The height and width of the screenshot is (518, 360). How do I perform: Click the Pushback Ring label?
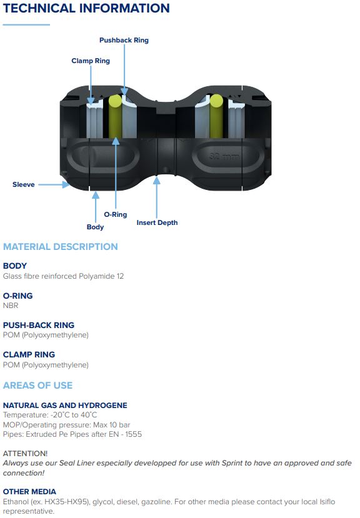[124, 41]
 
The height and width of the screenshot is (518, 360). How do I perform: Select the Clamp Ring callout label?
[91, 61]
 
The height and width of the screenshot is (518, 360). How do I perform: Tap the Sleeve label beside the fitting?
[24, 184]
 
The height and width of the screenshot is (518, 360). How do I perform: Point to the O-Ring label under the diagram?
[116, 214]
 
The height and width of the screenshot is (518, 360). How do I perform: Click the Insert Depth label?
[157, 222]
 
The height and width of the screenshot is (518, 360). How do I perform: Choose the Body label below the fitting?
[95, 227]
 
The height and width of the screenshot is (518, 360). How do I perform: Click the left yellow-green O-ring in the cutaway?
[115, 116]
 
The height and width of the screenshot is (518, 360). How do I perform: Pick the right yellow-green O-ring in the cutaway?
[216, 116]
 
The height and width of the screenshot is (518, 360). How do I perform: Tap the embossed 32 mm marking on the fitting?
[224, 156]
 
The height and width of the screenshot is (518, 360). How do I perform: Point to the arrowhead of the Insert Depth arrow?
[157, 181]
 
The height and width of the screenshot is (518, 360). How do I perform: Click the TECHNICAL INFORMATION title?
[86, 8]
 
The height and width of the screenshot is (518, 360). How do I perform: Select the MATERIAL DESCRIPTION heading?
[61, 247]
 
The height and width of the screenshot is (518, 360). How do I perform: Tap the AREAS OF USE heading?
[37, 385]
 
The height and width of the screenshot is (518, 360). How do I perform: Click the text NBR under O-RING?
[11, 306]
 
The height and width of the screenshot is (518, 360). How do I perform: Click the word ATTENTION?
[25, 453]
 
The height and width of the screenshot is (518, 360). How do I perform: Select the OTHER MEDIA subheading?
[29, 492]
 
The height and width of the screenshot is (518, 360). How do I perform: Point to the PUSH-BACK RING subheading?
[39, 325]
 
